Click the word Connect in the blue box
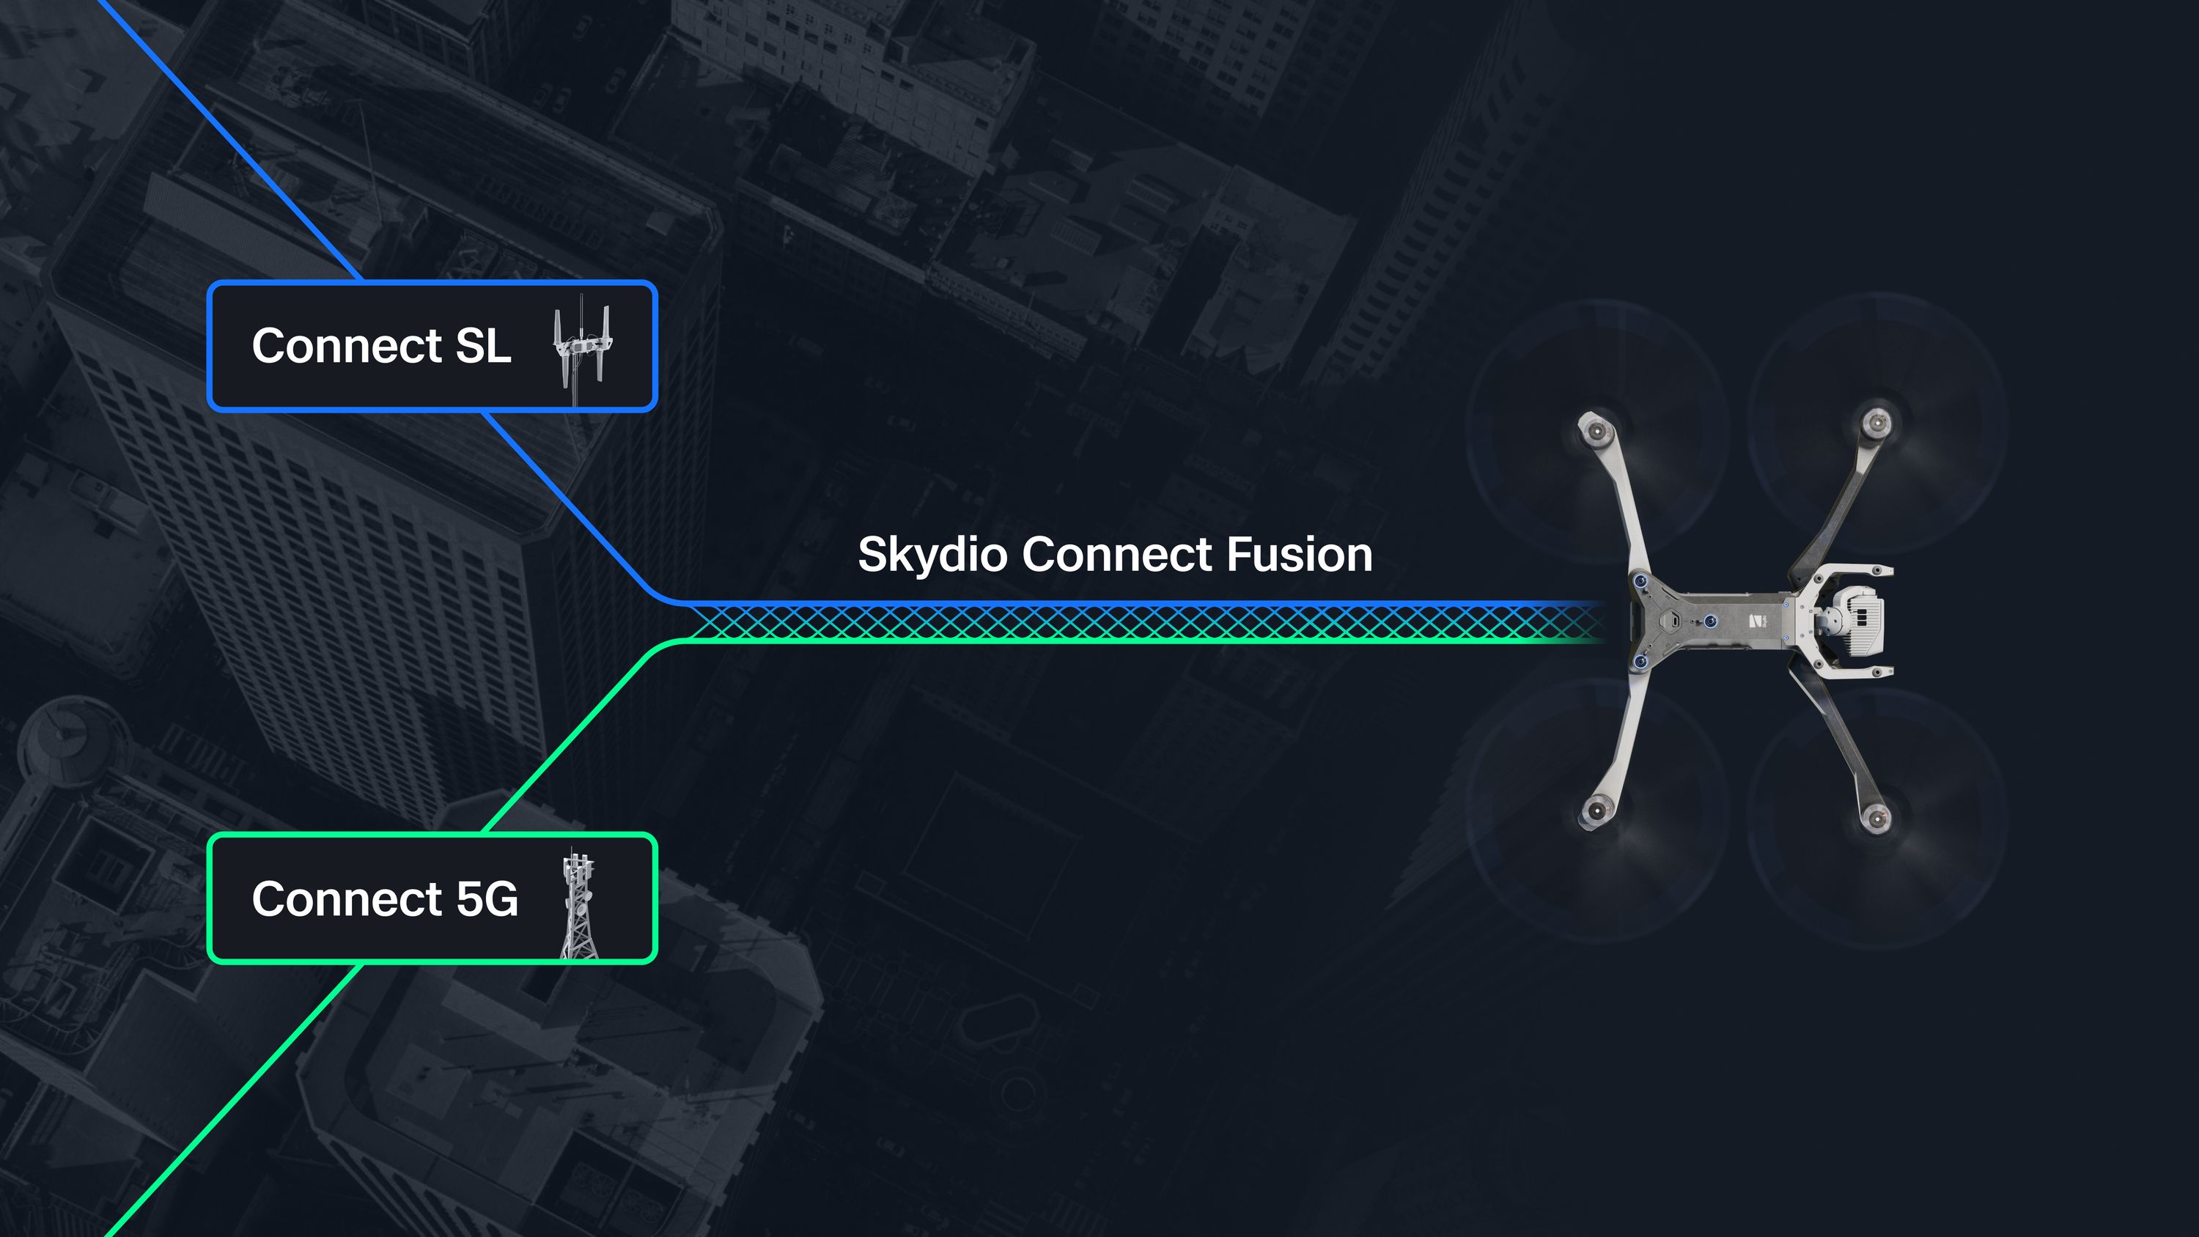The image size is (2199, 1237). click(346, 346)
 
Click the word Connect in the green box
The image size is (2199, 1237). click(346, 899)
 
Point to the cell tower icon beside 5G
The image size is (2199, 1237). click(578, 904)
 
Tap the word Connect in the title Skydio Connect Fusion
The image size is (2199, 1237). click(1122, 555)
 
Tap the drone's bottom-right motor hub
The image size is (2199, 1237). click(1876, 819)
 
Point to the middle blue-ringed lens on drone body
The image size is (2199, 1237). click(1711, 621)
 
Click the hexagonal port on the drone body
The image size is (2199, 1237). click(1675, 621)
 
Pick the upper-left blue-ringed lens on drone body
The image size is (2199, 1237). click(1640, 580)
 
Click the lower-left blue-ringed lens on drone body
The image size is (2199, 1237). click(1640, 662)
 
